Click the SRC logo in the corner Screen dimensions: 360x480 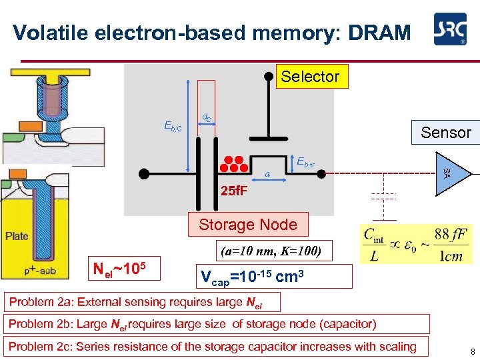point(450,31)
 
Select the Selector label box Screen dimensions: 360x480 point(310,77)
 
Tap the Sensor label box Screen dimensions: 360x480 point(445,132)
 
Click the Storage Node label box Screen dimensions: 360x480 point(248,225)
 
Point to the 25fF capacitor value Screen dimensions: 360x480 point(234,191)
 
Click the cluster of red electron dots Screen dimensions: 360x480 point(233,163)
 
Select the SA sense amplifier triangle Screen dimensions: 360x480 point(445,173)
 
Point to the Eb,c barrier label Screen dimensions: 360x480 point(173,125)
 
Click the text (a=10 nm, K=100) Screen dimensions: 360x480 point(270,252)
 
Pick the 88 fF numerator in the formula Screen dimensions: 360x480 point(450,234)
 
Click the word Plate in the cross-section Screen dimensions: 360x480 point(17,236)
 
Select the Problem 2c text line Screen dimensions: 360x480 point(212,346)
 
